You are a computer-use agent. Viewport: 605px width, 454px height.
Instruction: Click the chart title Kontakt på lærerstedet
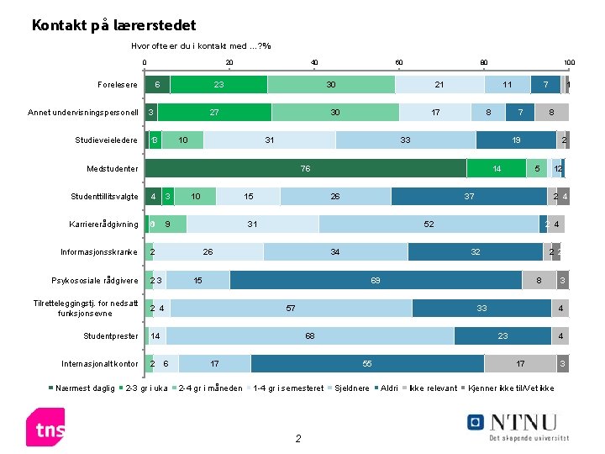click(113, 26)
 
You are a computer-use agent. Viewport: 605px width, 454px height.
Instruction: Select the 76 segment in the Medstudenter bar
click(306, 169)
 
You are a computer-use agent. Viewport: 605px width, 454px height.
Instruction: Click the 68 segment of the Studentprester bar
click(310, 336)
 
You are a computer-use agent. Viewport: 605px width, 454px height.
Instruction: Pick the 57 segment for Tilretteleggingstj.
click(291, 309)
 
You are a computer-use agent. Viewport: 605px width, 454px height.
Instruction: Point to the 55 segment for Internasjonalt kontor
click(367, 364)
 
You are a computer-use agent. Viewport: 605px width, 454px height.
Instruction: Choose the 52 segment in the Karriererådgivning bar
click(429, 224)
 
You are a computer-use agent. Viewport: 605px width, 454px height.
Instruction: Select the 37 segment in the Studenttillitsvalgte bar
click(469, 197)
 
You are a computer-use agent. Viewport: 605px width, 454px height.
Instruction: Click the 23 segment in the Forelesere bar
click(218, 85)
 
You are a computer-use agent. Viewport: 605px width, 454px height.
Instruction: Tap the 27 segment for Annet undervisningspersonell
click(214, 113)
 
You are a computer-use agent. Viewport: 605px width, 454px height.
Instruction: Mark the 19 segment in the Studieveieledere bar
click(516, 140)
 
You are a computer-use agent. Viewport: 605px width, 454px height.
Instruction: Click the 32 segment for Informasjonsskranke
click(476, 252)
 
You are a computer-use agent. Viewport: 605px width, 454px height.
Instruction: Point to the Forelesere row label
click(118, 85)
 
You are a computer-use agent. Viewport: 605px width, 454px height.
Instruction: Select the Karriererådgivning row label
click(103, 224)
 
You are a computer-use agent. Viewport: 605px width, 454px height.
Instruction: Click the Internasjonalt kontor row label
click(100, 364)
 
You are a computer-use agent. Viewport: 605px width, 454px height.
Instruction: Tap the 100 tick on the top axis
click(569, 63)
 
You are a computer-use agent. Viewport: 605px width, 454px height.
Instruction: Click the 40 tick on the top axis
click(314, 63)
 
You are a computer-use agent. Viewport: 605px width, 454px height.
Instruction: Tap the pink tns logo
click(45, 427)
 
